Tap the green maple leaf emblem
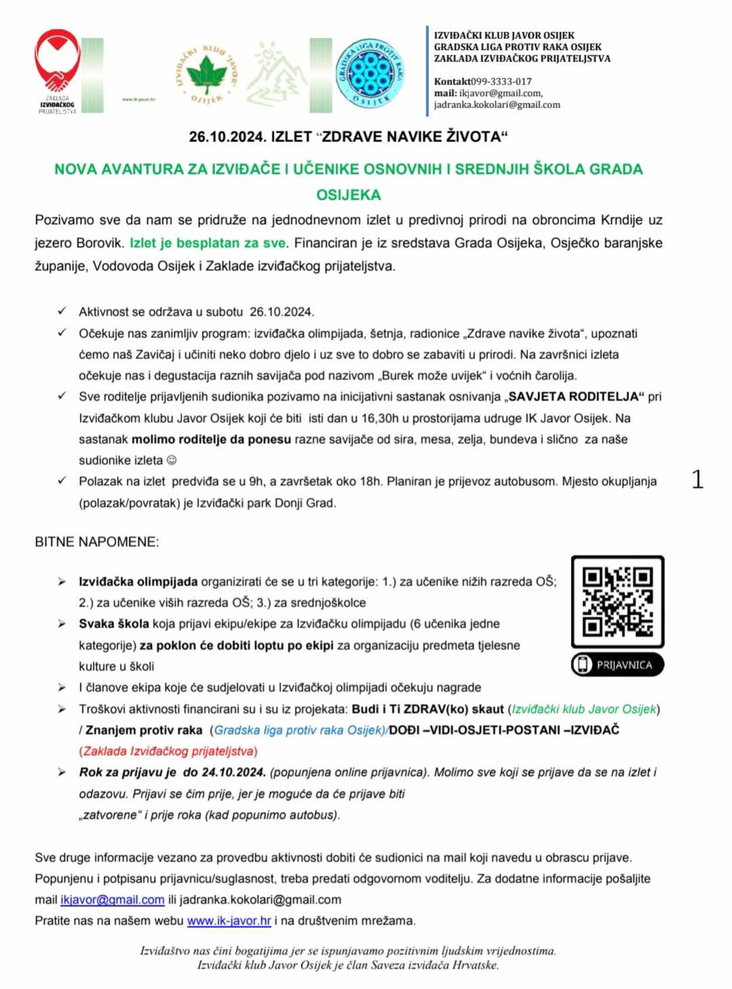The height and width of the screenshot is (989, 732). coord(206,73)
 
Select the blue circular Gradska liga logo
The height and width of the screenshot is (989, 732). coord(371,71)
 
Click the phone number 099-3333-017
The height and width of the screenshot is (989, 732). coord(502,81)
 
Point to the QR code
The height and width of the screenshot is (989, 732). coord(617,602)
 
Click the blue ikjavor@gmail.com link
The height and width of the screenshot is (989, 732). coord(113,900)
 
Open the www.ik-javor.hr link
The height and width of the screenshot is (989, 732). coord(229,921)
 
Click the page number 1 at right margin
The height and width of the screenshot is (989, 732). coord(697,480)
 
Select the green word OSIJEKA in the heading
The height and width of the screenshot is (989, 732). coord(348,195)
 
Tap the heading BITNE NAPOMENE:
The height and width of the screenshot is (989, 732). coord(97,542)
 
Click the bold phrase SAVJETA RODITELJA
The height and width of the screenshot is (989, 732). coord(574,397)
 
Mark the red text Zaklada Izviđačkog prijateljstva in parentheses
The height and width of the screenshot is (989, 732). coord(168,751)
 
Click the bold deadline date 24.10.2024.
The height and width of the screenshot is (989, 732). coord(233,772)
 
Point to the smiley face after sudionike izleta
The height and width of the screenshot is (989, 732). coord(171,460)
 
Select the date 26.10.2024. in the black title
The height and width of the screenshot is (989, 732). coord(227,137)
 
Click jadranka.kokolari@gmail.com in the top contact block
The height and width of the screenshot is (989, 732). coord(497,105)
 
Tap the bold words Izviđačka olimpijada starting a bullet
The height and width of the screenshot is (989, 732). coord(138,582)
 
